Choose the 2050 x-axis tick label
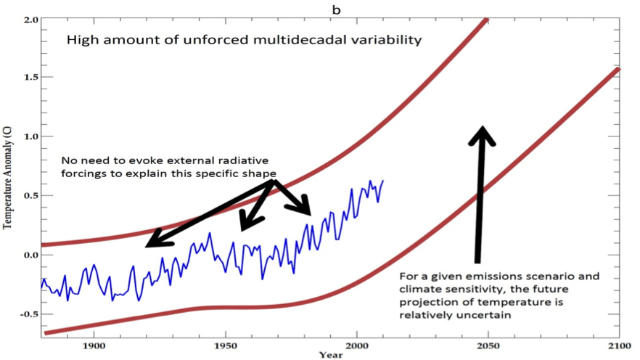tap(488, 346)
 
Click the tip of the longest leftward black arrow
tap(147, 246)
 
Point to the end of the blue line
tap(382, 181)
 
